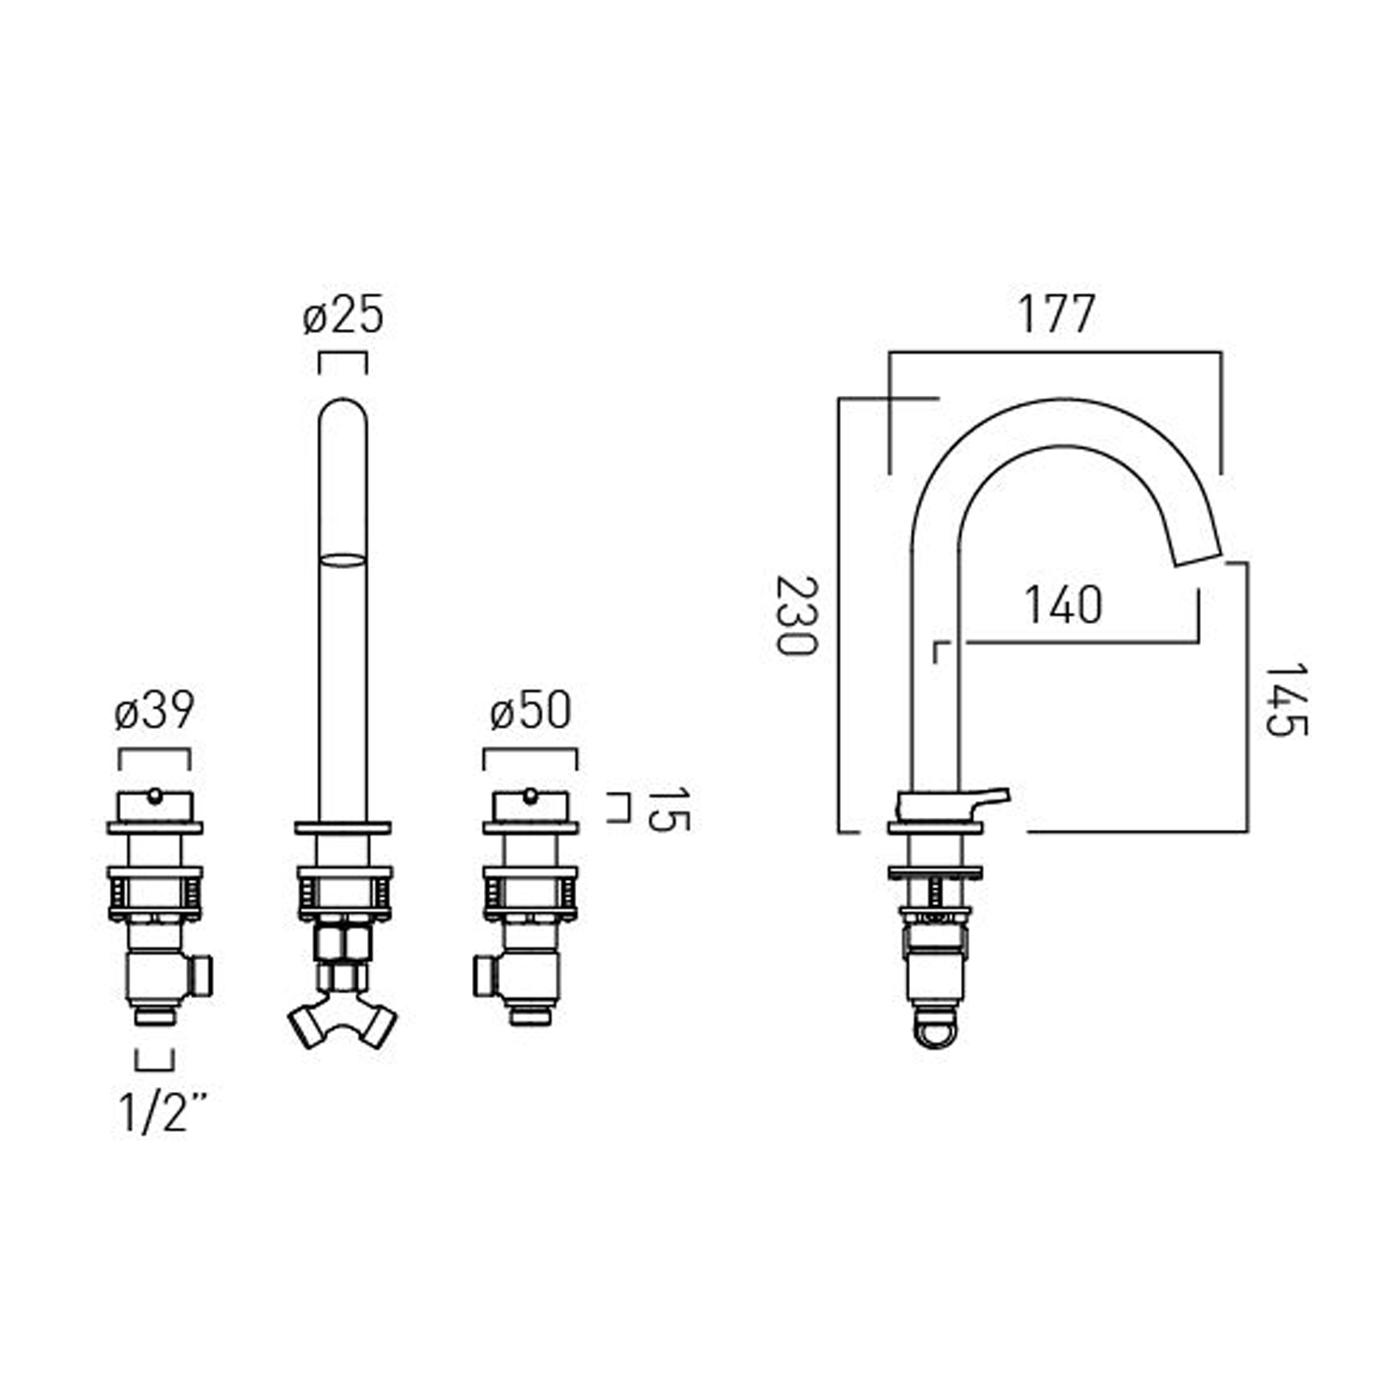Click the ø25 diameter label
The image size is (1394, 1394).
coord(343,316)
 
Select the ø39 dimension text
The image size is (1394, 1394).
coord(154,712)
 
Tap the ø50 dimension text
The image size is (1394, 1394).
coord(530,712)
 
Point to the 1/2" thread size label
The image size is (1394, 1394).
coord(163,1111)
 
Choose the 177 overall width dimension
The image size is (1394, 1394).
coord(1056,313)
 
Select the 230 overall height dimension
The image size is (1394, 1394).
coord(796,615)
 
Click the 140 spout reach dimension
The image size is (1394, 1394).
coord(1063,605)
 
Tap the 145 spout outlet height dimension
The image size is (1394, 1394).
coord(1286,699)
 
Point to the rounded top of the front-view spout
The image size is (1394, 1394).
coord(343,409)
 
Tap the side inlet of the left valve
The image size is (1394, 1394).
coord(202,976)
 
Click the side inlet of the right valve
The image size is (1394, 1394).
coord(485,976)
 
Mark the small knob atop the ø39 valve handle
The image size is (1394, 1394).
coord(154,795)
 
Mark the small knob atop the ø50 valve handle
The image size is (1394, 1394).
coord(530,795)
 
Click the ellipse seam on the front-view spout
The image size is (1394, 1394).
coord(343,559)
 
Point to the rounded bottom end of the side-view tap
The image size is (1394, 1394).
coord(937,1037)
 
